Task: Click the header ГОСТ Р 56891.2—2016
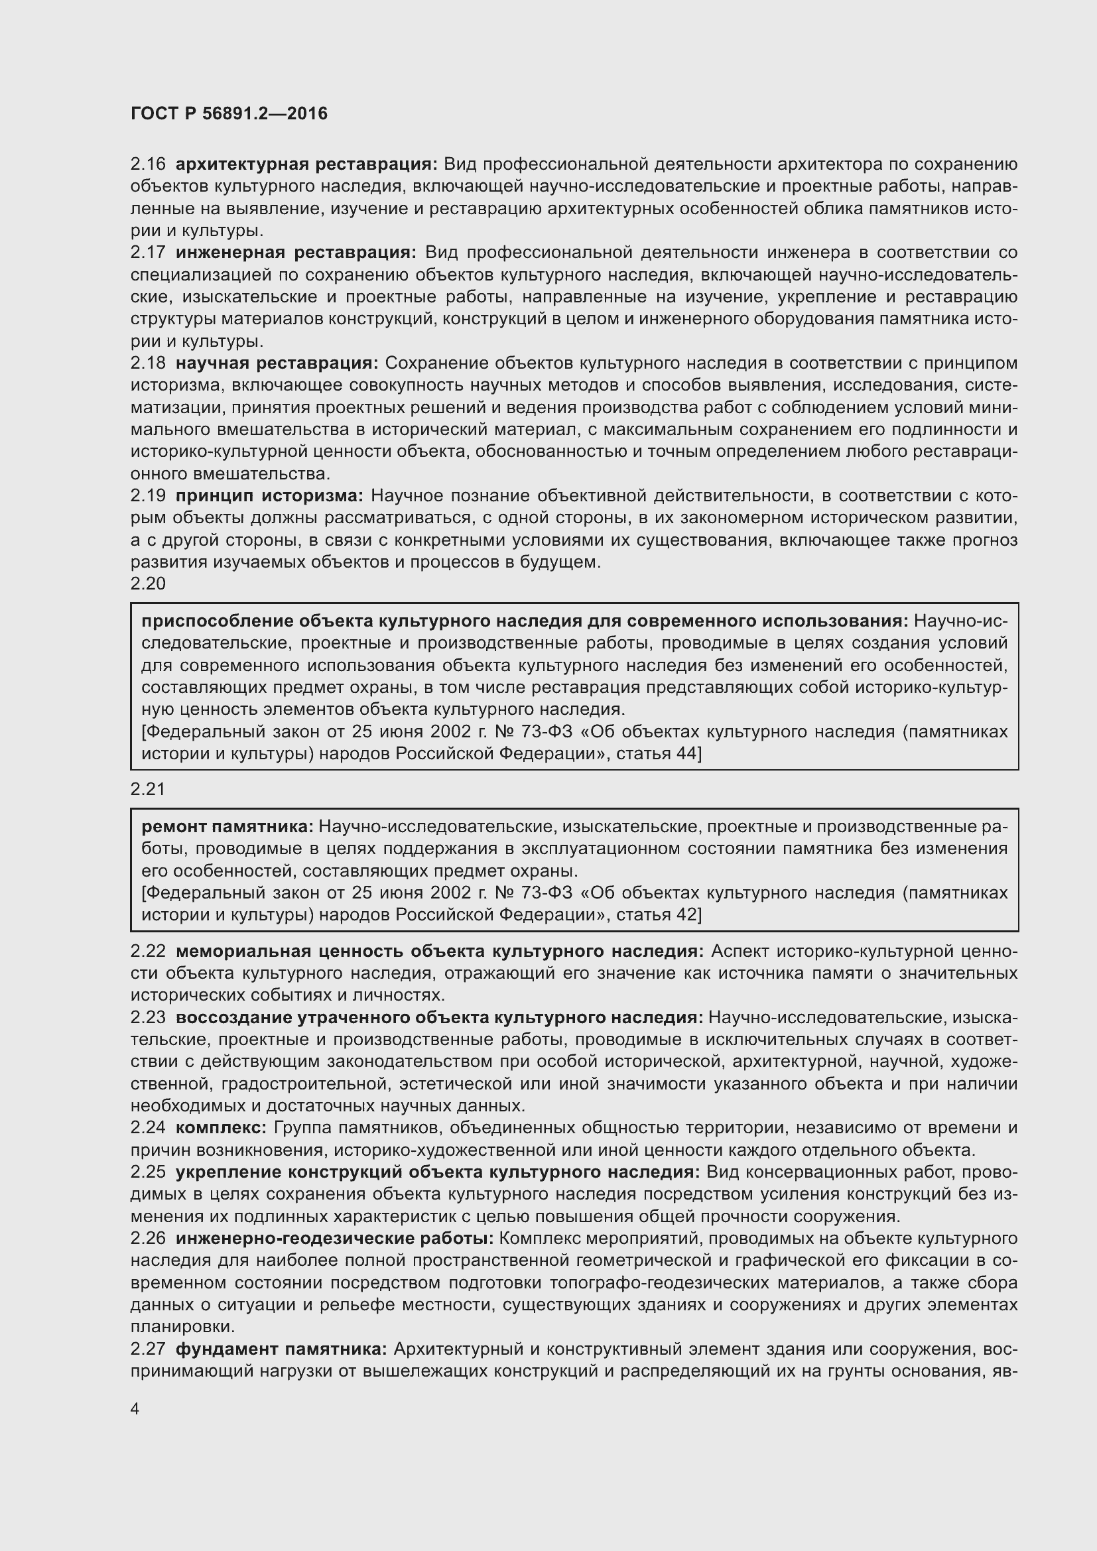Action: coord(229,113)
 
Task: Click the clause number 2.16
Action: coord(148,164)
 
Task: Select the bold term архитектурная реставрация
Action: coord(306,164)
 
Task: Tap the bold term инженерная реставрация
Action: coord(296,253)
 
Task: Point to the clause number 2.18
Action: coord(148,363)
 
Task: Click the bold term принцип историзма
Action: coord(269,496)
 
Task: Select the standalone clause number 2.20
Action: coord(148,584)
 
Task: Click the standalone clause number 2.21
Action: coord(148,789)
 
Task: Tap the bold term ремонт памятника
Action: coord(227,826)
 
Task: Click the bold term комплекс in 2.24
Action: coord(221,1127)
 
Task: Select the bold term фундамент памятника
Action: coord(281,1349)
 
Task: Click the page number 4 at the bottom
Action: coord(135,1409)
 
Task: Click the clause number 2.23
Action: coord(148,1017)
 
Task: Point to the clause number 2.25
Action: coord(148,1172)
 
